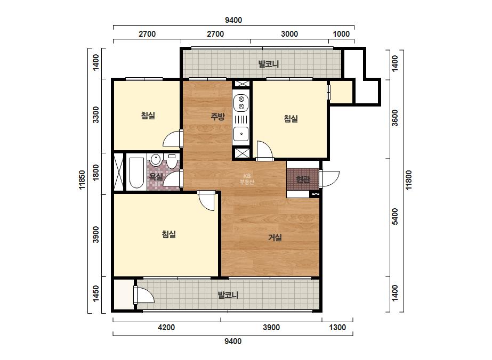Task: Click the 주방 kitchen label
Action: coord(217,117)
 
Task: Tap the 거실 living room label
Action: coord(275,238)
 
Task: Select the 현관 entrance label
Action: coord(303,179)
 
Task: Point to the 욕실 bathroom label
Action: coord(156,177)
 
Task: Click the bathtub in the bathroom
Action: coord(136,173)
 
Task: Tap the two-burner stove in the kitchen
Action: coord(241,103)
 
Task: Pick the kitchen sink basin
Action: coord(241,134)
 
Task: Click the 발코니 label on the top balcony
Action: coord(268,64)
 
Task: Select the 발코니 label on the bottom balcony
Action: coord(228,295)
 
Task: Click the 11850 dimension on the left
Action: coord(82,180)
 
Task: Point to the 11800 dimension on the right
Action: coord(408,180)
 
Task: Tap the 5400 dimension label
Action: coord(395,216)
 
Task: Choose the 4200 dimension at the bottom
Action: coord(166,328)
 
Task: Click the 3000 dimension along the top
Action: coord(289,34)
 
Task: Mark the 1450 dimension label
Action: coord(96,293)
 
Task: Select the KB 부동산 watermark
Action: coord(247,179)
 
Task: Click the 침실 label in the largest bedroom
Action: coord(168,234)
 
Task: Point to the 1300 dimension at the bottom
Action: coord(337,328)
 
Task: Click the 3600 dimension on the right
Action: coord(395,118)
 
